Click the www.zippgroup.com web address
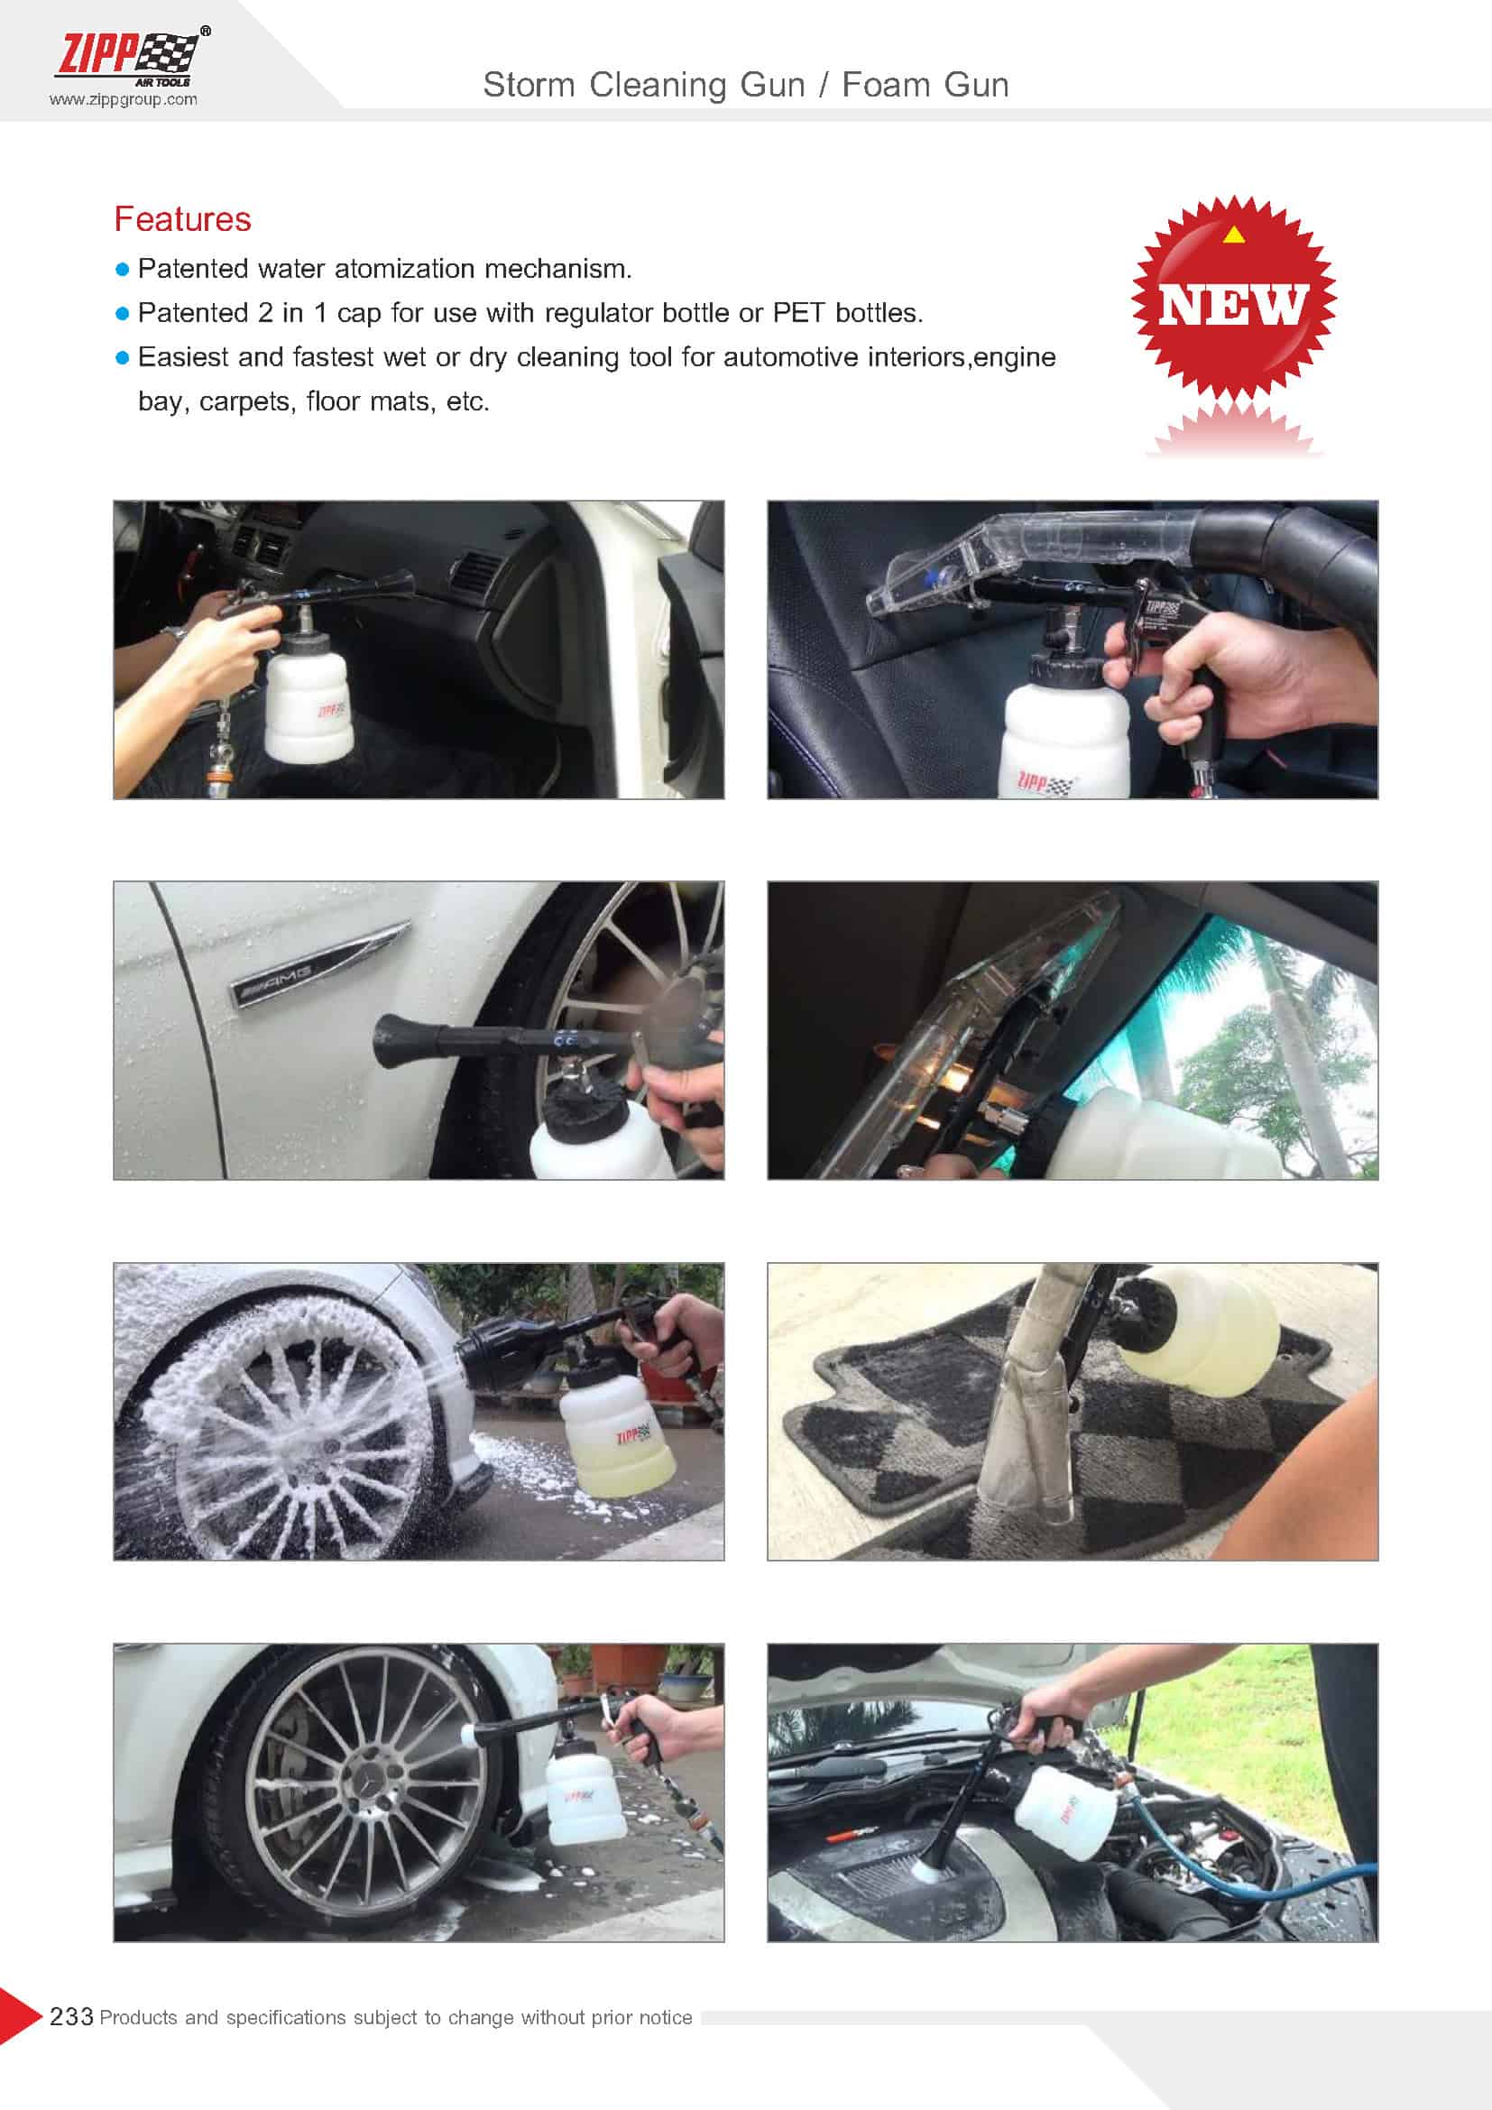coord(123,99)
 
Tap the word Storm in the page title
coord(530,85)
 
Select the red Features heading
coord(182,218)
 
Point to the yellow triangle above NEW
coord(1234,235)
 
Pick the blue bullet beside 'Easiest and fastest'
coord(122,358)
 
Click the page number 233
coord(70,2016)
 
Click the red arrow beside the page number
coord(20,2016)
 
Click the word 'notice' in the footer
coord(665,2017)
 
